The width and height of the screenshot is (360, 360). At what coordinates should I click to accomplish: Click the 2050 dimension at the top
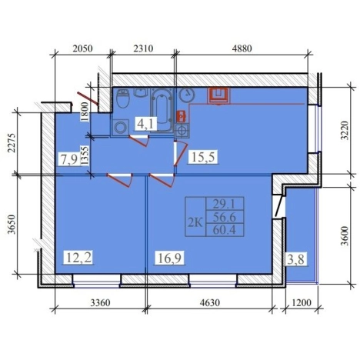point(82,48)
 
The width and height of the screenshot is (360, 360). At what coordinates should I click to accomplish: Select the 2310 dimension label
point(143,48)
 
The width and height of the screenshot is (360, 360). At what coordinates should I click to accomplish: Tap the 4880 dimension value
point(242,48)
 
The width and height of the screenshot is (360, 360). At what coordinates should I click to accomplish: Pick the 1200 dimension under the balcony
point(302,303)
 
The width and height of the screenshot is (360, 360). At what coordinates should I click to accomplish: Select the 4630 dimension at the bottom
point(210,303)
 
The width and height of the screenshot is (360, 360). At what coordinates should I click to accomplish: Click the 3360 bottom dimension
point(100,303)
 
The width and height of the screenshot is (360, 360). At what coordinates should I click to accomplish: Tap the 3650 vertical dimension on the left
point(12,225)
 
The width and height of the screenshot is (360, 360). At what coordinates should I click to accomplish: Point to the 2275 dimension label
point(12,143)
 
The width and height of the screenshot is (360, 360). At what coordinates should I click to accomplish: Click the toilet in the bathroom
point(123,98)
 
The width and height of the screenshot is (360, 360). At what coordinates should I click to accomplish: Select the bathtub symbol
point(162,110)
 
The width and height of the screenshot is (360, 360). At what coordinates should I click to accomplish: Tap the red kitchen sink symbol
point(218,95)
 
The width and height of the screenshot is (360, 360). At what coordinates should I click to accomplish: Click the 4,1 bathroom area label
point(146,125)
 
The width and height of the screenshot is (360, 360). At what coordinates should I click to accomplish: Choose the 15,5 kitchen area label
point(203,157)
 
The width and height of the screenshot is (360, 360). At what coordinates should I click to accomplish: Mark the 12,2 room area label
point(78,257)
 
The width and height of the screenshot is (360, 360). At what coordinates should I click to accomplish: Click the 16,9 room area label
point(170,258)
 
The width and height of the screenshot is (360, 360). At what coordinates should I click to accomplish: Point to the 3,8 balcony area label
point(296,259)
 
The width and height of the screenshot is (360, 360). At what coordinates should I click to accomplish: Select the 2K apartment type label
point(195,223)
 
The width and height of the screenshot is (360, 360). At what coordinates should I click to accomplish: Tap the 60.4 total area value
point(225,229)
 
